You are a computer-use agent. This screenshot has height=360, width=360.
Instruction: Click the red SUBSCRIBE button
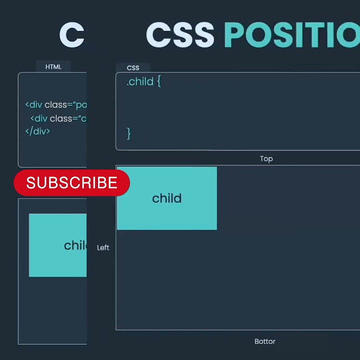coord(71,183)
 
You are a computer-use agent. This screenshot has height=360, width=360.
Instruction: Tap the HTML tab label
coord(53,67)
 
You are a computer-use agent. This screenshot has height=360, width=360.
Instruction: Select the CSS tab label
coord(133,68)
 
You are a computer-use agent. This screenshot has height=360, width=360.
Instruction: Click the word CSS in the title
coord(180,35)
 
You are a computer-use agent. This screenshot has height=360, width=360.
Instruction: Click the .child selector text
coord(140,81)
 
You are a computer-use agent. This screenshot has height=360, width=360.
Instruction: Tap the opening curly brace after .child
coord(159,81)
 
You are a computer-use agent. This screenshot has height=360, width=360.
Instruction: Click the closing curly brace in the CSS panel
coord(128,133)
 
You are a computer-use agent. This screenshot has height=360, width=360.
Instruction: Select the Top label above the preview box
coord(266,158)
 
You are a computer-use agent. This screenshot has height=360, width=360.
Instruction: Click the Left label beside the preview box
coord(103,247)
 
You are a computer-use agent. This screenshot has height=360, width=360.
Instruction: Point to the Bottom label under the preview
coord(265,341)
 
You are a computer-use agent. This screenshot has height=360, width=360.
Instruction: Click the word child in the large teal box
coord(166,198)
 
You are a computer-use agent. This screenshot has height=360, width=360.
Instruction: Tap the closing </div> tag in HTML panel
coord(37,131)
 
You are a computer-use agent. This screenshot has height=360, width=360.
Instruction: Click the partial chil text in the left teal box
coord(75,245)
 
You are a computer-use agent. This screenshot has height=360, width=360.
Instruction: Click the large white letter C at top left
coord(71,35)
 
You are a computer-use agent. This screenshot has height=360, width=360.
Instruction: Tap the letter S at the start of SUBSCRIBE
coord(31,183)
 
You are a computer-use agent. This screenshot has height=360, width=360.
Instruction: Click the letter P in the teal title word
coord(235,35)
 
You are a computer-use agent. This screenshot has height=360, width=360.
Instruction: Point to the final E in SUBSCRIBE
coord(112,183)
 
